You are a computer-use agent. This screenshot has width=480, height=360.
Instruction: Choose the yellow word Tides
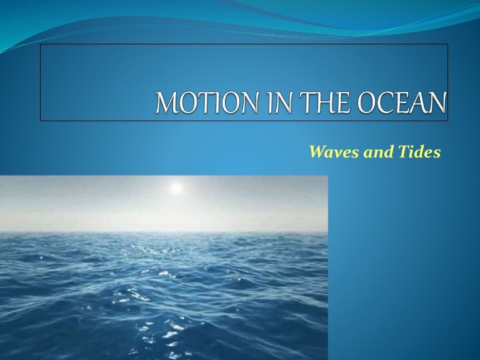418,152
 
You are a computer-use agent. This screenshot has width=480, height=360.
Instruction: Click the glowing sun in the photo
176,187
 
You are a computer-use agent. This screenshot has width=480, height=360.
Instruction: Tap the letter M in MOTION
166,103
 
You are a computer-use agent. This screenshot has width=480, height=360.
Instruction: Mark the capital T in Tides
401,152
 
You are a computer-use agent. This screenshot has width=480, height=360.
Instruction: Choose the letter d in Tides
418,152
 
